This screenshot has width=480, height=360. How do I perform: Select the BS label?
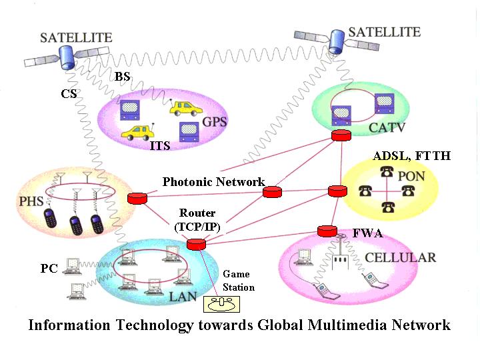click(x=122, y=77)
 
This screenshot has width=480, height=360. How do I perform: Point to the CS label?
click(x=69, y=94)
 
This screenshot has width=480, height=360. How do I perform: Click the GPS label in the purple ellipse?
click(x=214, y=122)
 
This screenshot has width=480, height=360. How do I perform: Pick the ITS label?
click(x=160, y=145)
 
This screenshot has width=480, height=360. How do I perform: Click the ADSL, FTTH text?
click(x=412, y=156)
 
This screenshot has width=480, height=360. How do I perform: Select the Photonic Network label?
click(x=213, y=181)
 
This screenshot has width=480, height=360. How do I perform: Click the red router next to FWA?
click(x=327, y=231)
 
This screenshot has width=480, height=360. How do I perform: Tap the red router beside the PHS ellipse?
click(x=137, y=198)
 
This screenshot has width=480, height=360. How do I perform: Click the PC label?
click(x=49, y=269)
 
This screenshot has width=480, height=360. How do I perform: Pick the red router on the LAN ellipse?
click(x=197, y=245)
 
